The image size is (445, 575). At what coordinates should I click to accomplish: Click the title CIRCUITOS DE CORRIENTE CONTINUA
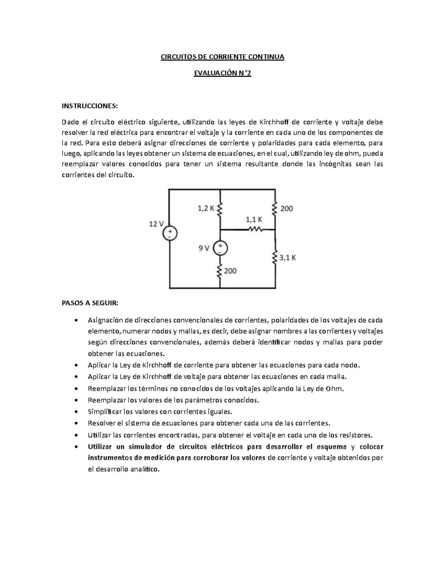[x=222, y=57]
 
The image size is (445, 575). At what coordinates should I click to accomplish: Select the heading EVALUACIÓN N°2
[x=222, y=74]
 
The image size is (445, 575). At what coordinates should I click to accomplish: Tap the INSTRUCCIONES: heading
[x=89, y=106]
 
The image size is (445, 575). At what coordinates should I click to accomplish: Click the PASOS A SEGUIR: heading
[x=90, y=303]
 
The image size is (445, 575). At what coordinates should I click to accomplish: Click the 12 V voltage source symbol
[x=170, y=234]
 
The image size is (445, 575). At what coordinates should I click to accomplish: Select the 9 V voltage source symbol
[x=220, y=248]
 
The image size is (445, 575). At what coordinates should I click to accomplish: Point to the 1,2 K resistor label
[x=206, y=208]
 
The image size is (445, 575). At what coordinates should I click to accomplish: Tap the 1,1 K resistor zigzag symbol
[x=255, y=229]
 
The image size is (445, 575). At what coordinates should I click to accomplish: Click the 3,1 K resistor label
[x=288, y=258]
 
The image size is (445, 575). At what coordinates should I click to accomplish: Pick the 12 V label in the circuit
[x=156, y=224]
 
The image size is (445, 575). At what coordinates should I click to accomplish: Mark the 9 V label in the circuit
[x=204, y=248]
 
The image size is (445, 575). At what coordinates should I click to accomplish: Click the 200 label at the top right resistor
[x=286, y=209]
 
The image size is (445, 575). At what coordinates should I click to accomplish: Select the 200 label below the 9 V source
[x=230, y=271]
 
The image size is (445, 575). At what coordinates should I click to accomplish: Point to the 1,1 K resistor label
[x=254, y=220]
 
